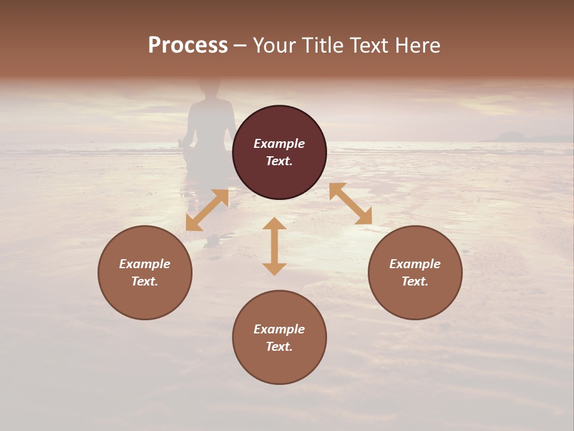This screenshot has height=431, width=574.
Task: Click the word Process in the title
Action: point(188,45)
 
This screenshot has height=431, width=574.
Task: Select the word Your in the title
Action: point(274,45)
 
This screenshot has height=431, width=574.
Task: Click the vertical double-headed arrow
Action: point(274,246)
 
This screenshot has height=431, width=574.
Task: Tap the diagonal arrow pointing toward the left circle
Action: point(207,210)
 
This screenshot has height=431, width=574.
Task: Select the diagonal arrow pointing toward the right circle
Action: point(350,204)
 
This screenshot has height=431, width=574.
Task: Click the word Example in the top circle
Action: point(279,144)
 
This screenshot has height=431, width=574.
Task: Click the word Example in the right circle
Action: point(415,264)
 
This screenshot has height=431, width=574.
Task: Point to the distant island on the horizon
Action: point(514,136)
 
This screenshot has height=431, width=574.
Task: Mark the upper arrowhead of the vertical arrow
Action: point(274,224)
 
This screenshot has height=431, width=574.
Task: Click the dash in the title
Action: point(240,46)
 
